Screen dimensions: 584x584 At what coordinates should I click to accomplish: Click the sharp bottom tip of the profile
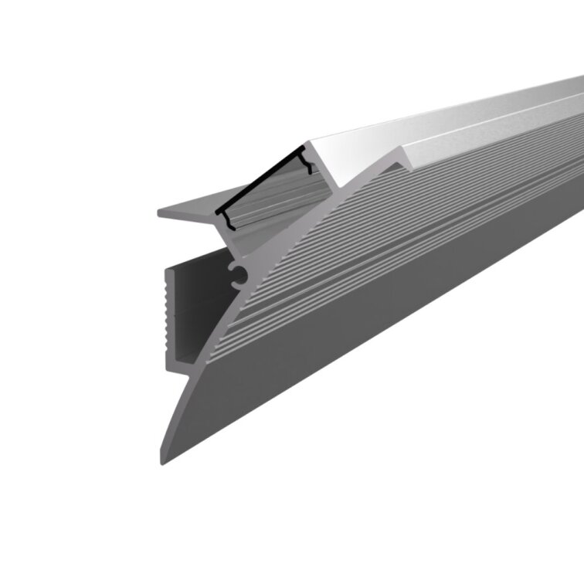pos(162,463)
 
